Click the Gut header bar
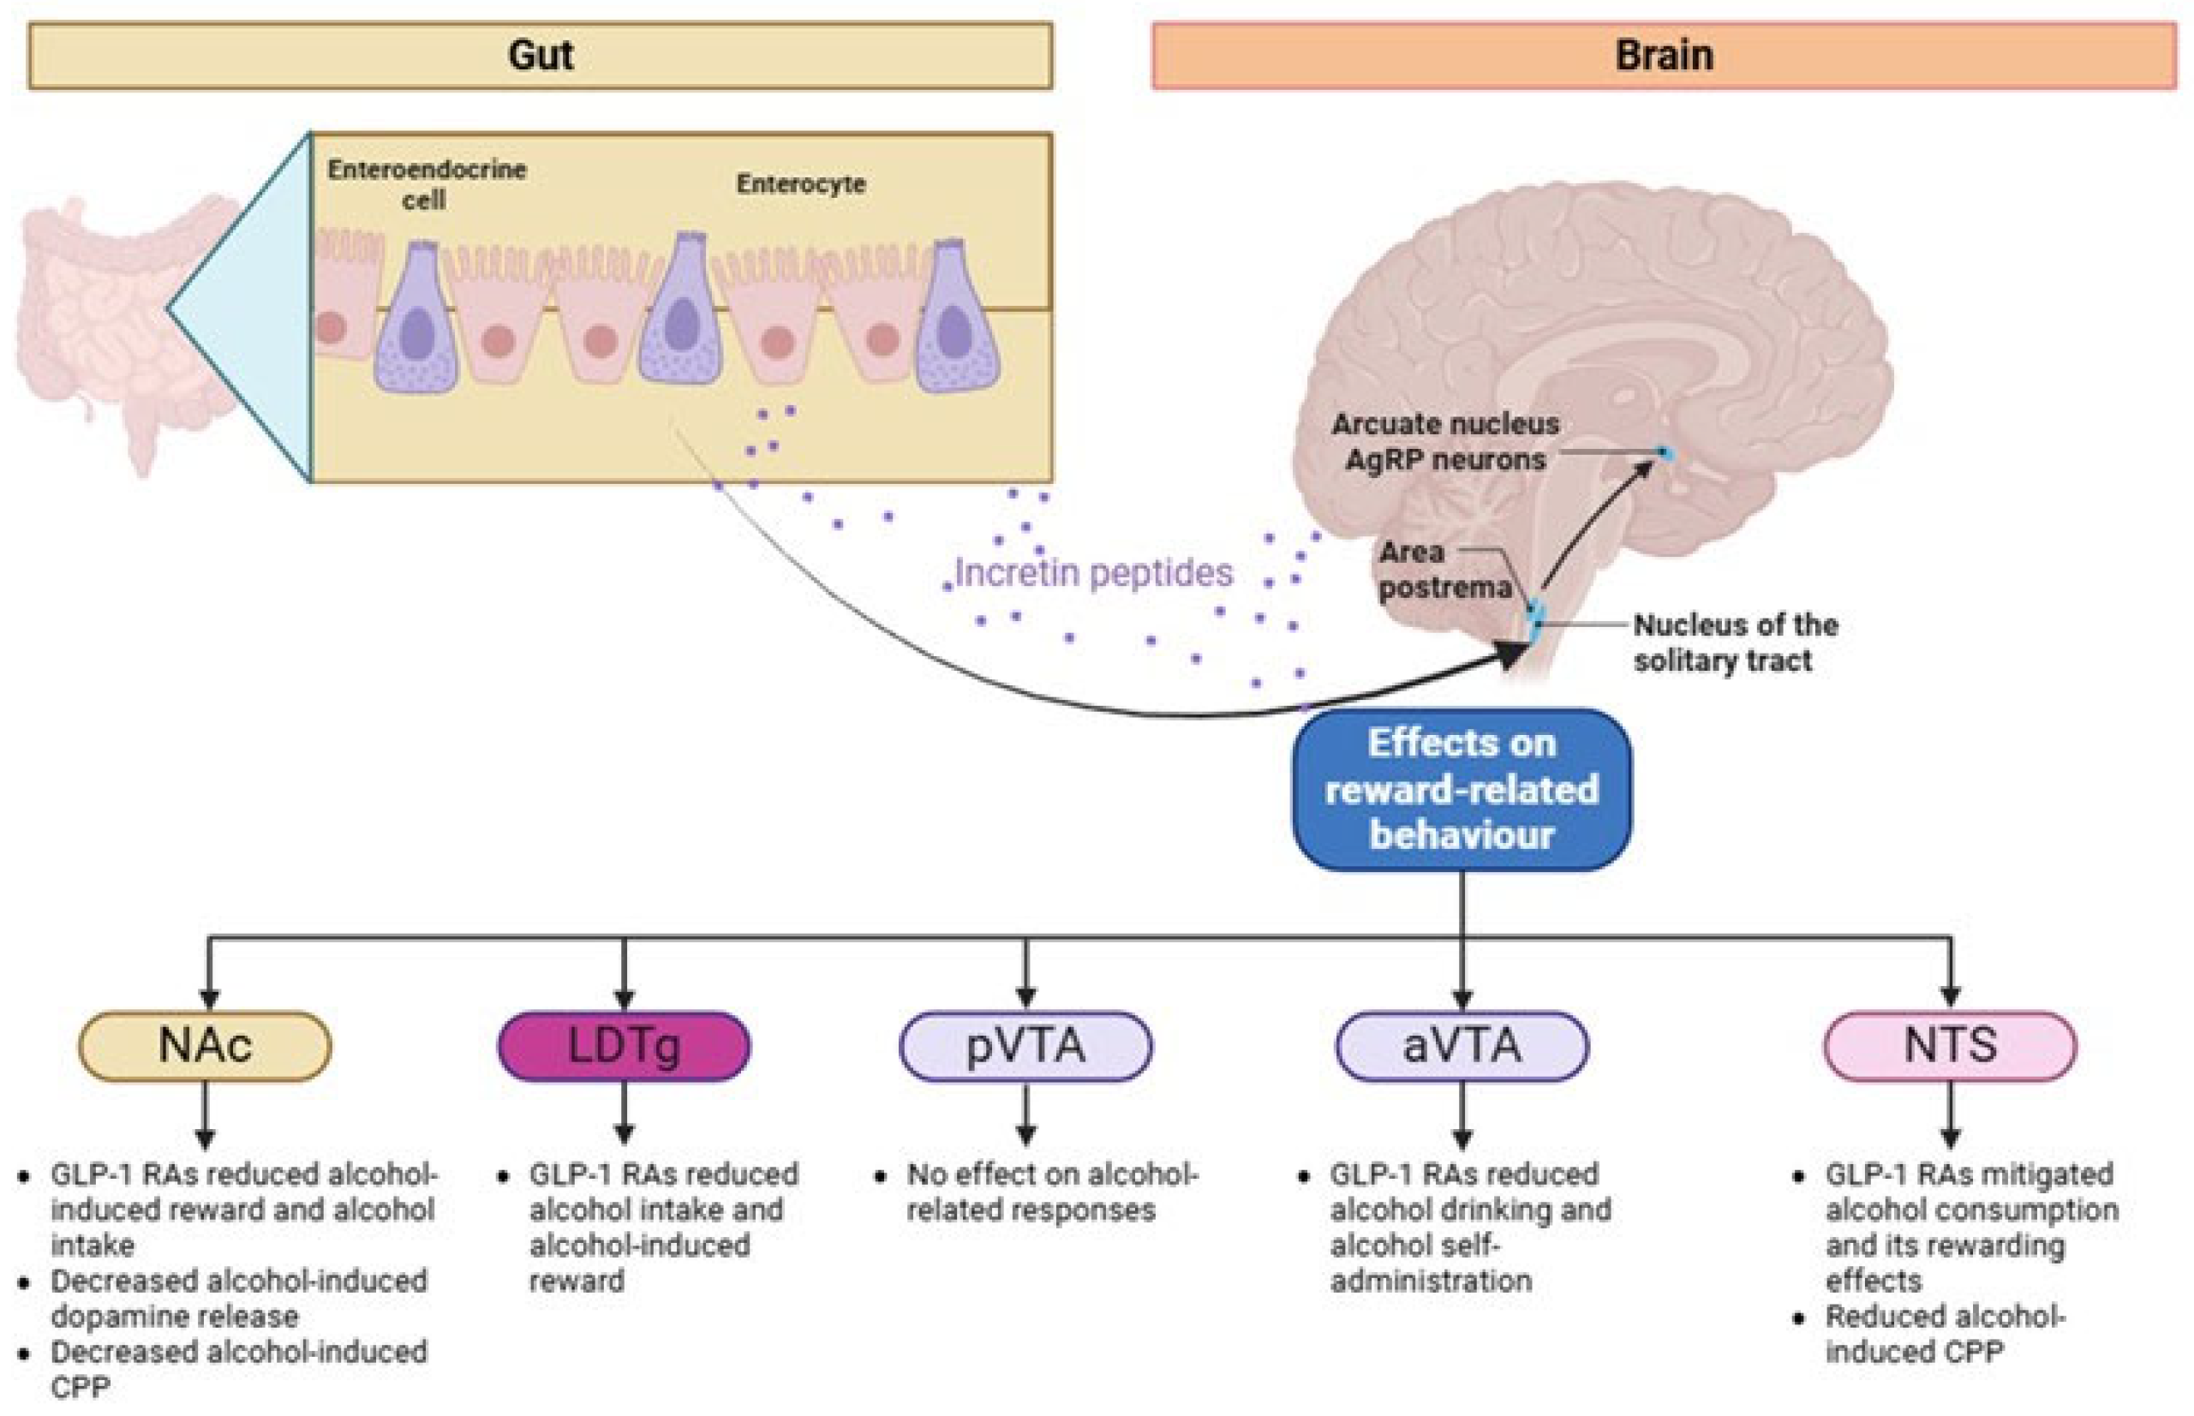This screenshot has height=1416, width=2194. click(x=540, y=56)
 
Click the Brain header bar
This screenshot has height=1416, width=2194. click(x=1664, y=56)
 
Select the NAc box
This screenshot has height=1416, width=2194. click(x=205, y=1045)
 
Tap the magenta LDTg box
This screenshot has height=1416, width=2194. click(x=624, y=1045)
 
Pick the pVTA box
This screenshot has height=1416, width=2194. click(x=1025, y=1045)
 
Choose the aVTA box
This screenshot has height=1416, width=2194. click(x=1462, y=1045)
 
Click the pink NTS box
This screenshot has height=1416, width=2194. click(x=1949, y=1045)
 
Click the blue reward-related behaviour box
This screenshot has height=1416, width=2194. click(x=1462, y=789)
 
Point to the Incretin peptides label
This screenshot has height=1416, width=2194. click(x=1092, y=573)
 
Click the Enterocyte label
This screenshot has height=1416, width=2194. click(x=800, y=184)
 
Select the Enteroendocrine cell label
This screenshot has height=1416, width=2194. click(x=426, y=184)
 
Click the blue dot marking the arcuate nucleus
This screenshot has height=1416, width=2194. click(x=1663, y=452)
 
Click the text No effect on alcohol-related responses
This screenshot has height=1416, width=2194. click(x=1049, y=1192)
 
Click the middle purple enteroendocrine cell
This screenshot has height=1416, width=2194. click(x=681, y=313)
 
